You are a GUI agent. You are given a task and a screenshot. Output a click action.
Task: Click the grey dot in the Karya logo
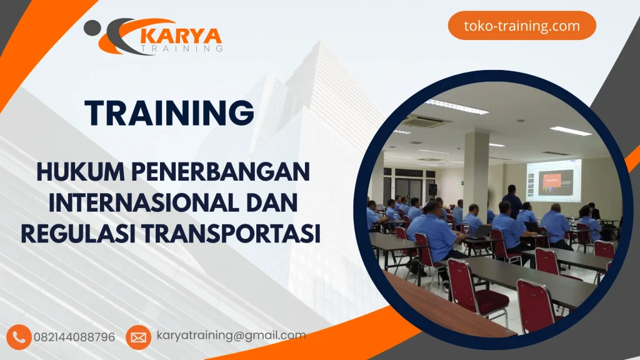pos(91,27)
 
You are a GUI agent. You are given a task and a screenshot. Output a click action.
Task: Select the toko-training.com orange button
pos(522,26)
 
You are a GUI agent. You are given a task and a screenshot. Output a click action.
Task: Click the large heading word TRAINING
pos(169,112)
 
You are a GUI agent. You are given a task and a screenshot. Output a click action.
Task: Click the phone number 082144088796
pos(74,337)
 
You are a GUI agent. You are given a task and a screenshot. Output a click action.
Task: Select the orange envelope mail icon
pos(138,337)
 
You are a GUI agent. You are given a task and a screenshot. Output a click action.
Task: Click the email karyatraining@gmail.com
pos(231,336)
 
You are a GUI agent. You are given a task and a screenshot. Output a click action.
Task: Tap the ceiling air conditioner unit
pos(427,121)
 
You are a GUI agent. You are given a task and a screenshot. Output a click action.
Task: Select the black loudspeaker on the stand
pos(432,189)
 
